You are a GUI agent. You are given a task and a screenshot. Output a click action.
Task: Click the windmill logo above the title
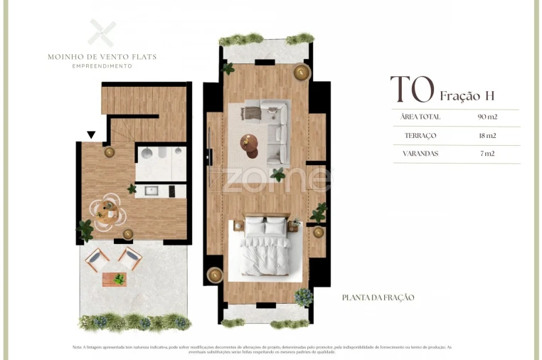click(102, 33)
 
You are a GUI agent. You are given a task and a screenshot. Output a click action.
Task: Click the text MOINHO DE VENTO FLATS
click(102, 57)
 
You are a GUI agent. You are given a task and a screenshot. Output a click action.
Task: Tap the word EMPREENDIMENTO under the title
click(102, 66)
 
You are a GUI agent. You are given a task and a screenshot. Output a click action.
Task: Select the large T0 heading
click(412, 90)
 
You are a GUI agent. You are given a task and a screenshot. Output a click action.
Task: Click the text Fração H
click(467, 95)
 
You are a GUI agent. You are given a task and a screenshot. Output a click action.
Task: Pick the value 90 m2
click(487, 117)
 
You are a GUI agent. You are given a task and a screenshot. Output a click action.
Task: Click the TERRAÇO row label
click(420, 135)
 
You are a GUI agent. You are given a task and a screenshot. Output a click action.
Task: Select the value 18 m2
click(487, 135)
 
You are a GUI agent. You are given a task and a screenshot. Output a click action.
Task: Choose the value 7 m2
click(487, 154)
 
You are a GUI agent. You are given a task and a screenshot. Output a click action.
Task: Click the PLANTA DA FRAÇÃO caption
click(378, 297)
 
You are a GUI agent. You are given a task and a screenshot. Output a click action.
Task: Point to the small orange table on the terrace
click(114, 278)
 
